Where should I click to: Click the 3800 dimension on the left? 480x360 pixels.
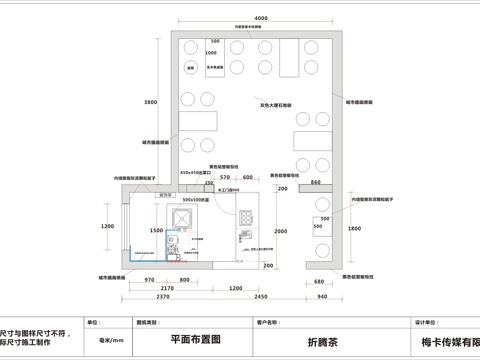[151, 103]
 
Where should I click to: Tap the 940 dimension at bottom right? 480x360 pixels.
[322, 297]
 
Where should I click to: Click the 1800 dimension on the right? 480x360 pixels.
[354, 229]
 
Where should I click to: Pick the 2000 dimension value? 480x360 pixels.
[281, 231]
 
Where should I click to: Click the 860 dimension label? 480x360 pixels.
[315, 184]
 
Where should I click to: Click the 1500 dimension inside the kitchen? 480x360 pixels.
[156, 230]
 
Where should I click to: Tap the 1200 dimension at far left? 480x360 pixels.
[108, 227]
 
